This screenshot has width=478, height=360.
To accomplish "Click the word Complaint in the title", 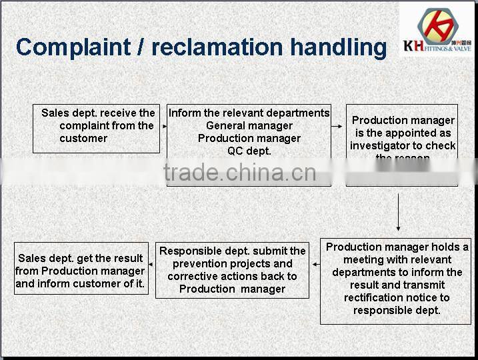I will (x=73, y=47).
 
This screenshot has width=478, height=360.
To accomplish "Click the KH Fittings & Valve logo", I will (x=438, y=29).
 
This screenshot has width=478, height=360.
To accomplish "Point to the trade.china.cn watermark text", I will (x=239, y=173).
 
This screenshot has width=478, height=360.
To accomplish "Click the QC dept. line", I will (x=249, y=151).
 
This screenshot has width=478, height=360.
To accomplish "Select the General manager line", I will (x=249, y=125).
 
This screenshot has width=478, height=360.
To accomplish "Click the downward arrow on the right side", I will (x=398, y=211).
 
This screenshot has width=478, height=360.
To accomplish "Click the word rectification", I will (x=376, y=297).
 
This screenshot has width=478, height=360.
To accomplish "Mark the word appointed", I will (x=409, y=133).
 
